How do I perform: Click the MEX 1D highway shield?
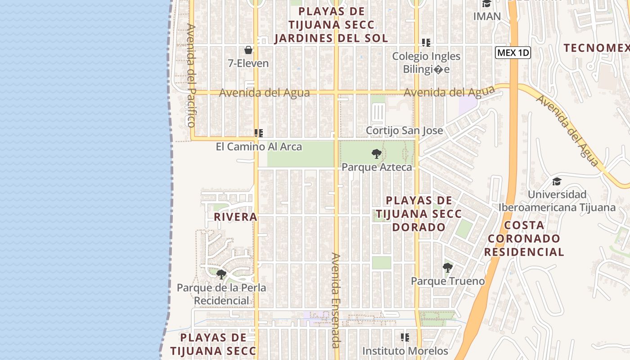click(513, 53)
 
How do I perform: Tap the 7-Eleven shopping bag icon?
click(248, 49)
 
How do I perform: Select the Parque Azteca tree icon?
click(376, 154)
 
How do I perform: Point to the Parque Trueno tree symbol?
click(447, 268)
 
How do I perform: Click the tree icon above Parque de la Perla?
click(221, 274)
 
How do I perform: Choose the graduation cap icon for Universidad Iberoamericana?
click(557, 181)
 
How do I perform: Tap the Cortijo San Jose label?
click(404, 130)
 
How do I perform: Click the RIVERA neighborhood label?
click(235, 217)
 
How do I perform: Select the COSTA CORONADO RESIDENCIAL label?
click(524, 238)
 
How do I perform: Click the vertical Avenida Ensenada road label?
click(336, 300)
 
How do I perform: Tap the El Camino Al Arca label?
click(259, 147)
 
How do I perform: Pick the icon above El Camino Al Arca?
click(258, 133)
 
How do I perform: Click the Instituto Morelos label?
click(405, 351)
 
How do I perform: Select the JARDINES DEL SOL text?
click(331, 38)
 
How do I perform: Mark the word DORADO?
click(418, 227)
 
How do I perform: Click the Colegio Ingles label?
click(426, 56)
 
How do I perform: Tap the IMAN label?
click(487, 16)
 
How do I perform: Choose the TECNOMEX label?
click(596, 48)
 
